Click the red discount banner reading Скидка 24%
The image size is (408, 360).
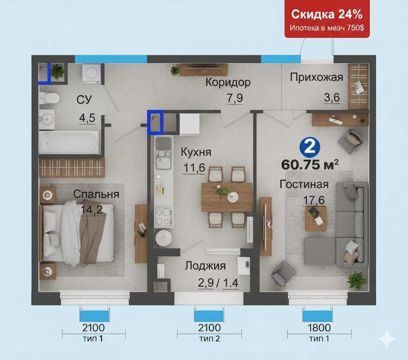327,19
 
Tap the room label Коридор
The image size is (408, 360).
228,82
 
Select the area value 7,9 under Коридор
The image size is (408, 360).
235,98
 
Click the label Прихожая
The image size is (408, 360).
316,77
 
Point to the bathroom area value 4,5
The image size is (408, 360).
87,118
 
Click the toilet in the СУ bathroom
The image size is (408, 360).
49,98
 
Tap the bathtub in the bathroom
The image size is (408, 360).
69,142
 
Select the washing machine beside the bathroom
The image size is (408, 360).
92,73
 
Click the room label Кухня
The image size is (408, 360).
196,152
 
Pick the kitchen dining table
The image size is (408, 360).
227,197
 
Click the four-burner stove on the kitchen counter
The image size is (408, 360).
164,216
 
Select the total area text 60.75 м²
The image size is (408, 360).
310,164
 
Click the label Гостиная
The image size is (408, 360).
304,184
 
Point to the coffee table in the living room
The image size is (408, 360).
316,218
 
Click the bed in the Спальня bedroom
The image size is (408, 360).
78,233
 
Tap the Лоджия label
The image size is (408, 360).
206,266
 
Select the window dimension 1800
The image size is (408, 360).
319,328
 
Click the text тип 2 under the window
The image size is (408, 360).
210,339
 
